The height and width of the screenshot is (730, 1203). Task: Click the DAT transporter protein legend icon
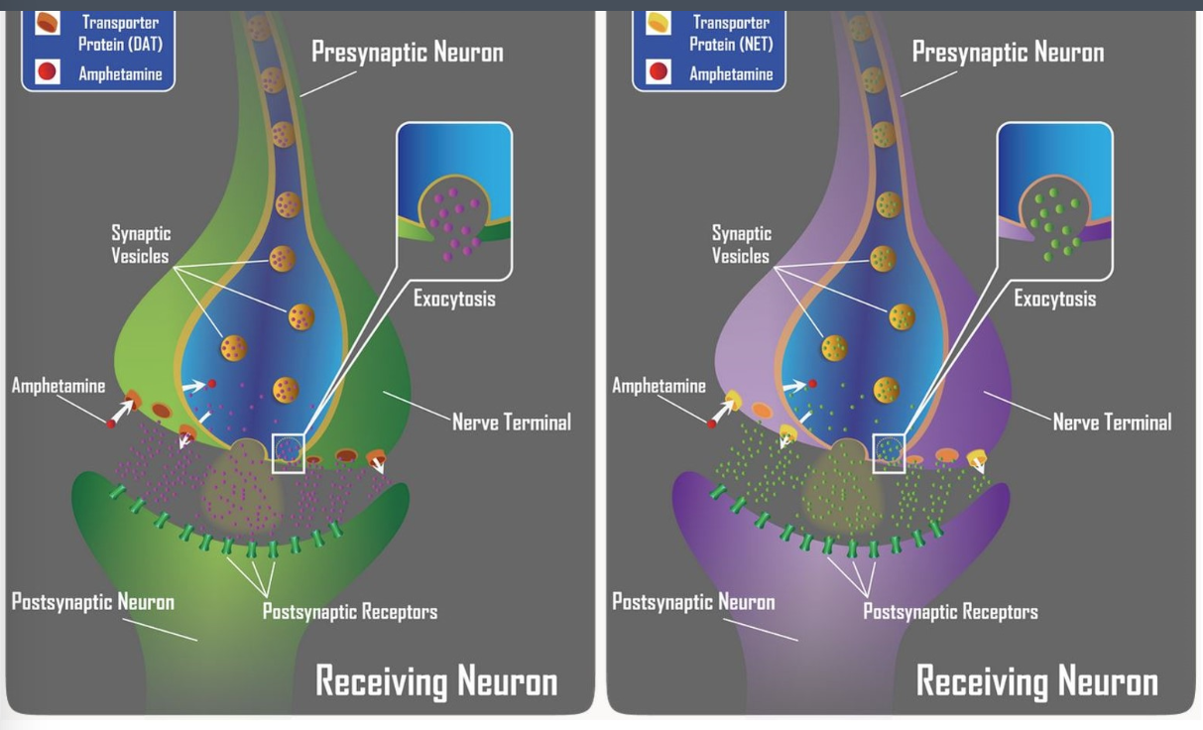(x=48, y=24)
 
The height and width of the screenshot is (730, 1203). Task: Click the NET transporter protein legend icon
(x=658, y=24)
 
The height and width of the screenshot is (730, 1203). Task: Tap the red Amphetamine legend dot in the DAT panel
(x=48, y=71)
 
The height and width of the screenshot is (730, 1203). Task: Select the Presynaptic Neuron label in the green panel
(x=407, y=52)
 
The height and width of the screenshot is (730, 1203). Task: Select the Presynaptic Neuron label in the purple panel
(x=1008, y=52)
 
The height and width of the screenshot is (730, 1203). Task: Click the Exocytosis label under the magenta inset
(x=454, y=298)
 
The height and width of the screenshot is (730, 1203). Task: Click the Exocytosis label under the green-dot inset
(x=1054, y=298)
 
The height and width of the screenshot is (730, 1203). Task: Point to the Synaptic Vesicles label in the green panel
(x=141, y=244)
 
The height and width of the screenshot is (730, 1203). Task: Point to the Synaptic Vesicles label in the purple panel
(x=741, y=244)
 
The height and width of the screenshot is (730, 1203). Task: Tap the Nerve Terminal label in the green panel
(x=512, y=422)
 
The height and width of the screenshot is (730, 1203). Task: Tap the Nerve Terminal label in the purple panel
(x=1112, y=422)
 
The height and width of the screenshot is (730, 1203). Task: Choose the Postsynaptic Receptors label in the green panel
(x=349, y=611)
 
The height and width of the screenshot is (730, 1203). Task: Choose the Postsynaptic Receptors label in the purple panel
(x=950, y=611)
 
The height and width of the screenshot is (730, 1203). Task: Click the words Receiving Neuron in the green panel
(x=436, y=681)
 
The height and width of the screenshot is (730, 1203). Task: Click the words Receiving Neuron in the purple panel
(x=1036, y=681)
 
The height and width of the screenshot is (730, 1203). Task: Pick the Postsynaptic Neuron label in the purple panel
(x=693, y=601)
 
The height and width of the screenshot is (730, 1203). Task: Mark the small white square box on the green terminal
(x=288, y=452)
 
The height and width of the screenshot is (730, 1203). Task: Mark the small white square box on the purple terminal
(x=888, y=452)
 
